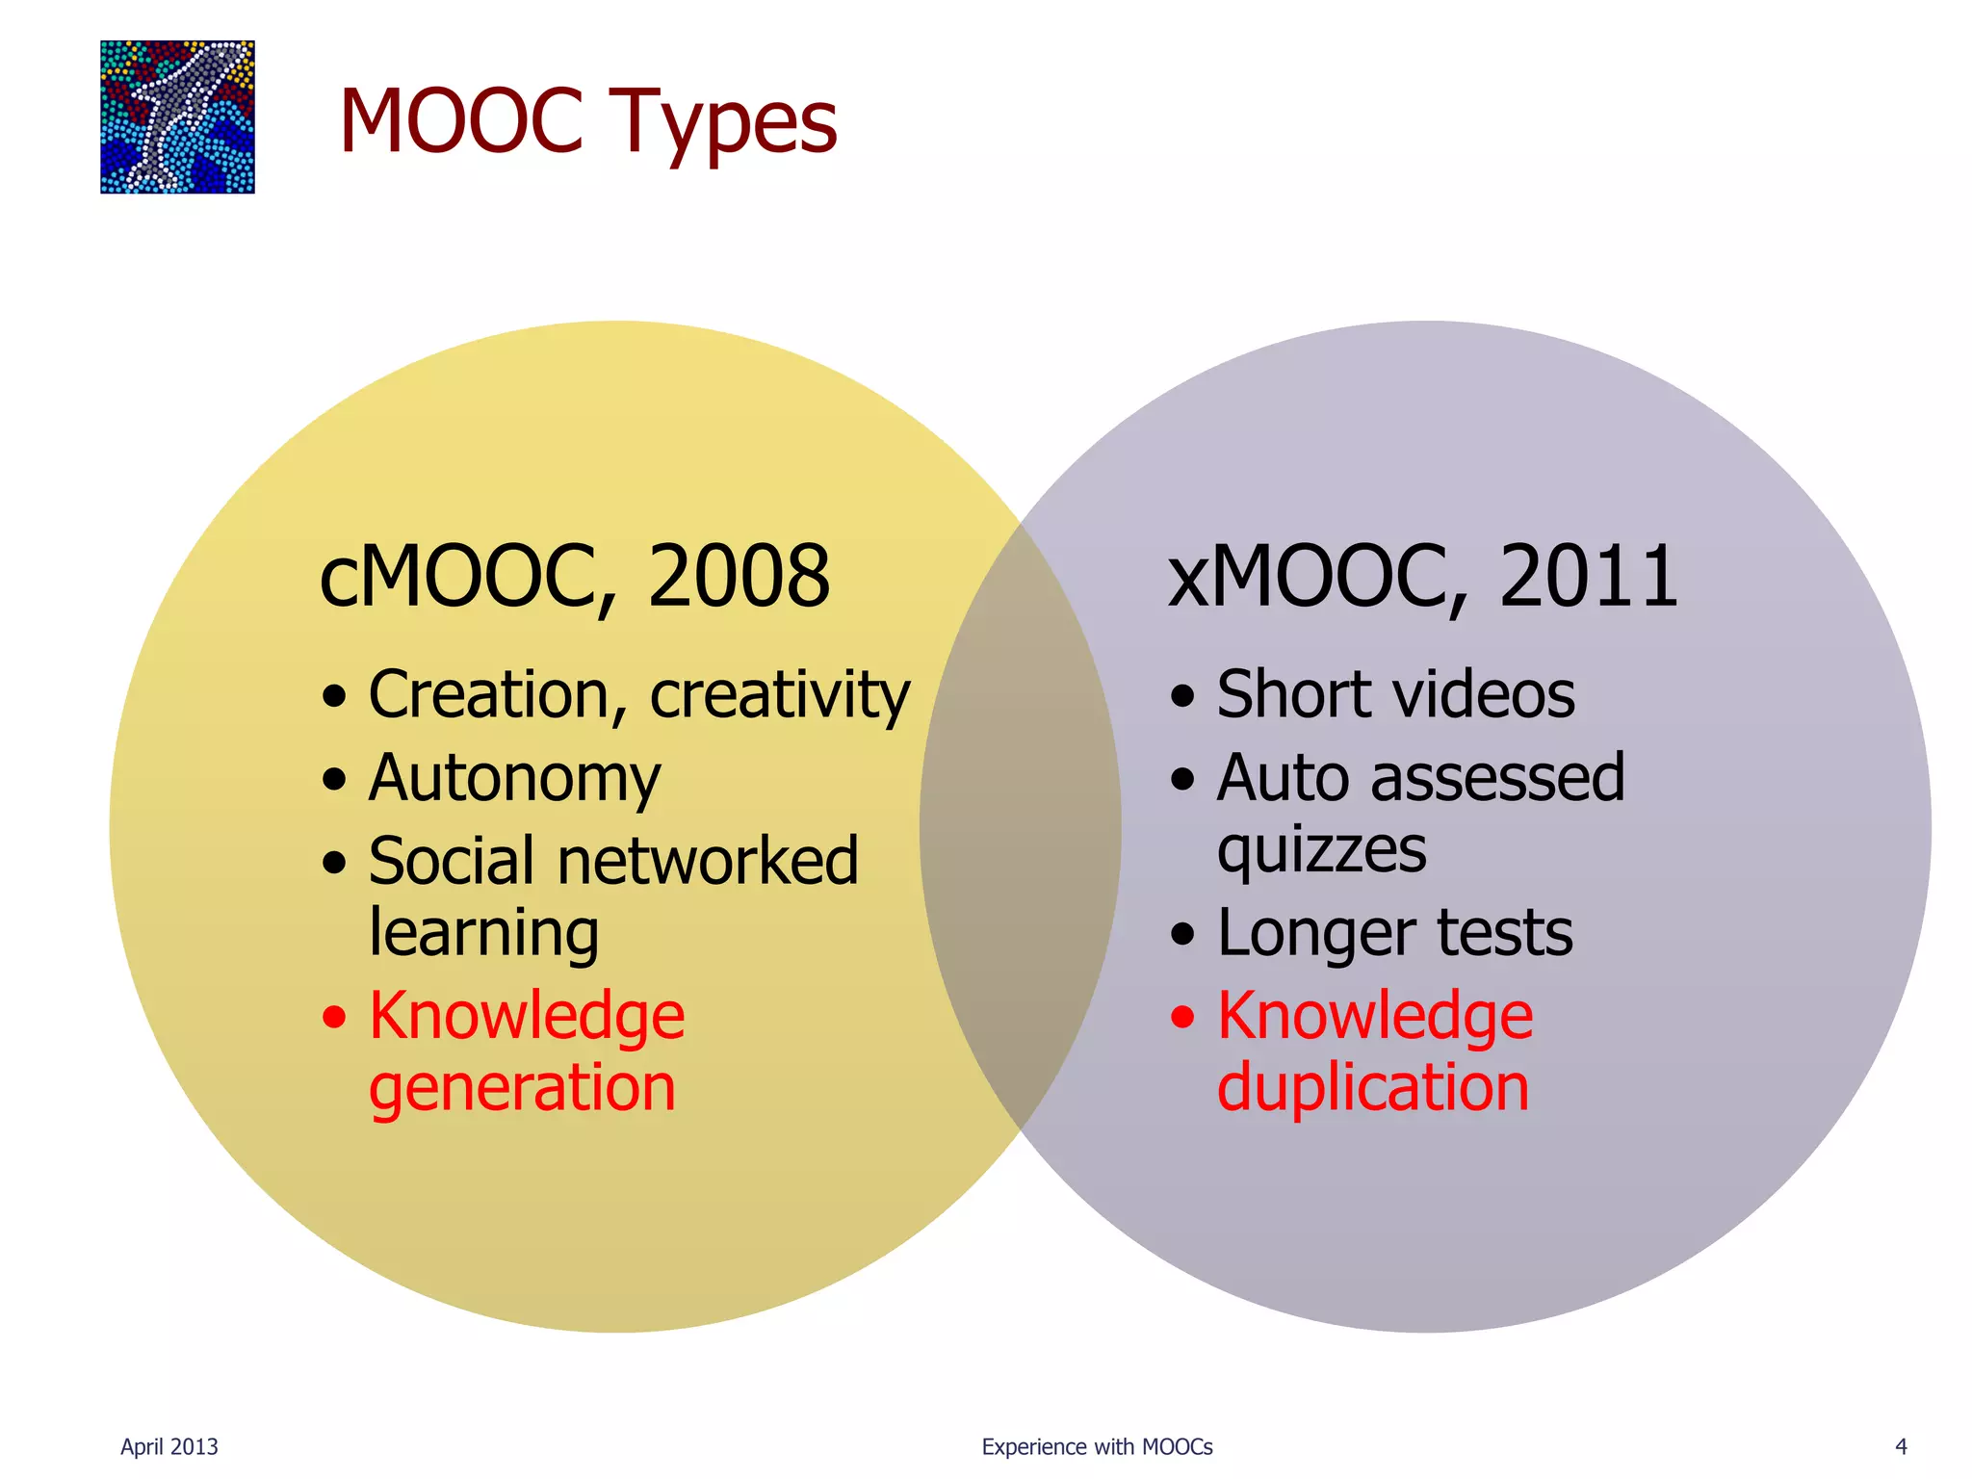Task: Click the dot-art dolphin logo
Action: click(177, 117)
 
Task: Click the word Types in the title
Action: click(723, 122)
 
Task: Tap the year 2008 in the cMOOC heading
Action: click(739, 577)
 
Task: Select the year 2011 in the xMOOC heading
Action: click(1588, 577)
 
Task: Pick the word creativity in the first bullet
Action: click(779, 696)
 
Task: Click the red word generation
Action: click(522, 1089)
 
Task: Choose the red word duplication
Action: click(1372, 1089)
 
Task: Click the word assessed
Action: click(1497, 778)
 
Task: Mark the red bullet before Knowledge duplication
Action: click(1182, 1017)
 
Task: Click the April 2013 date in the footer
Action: click(169, 1447)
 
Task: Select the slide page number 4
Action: click(1901, 1447)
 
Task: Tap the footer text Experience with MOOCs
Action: click(1097, 1447)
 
